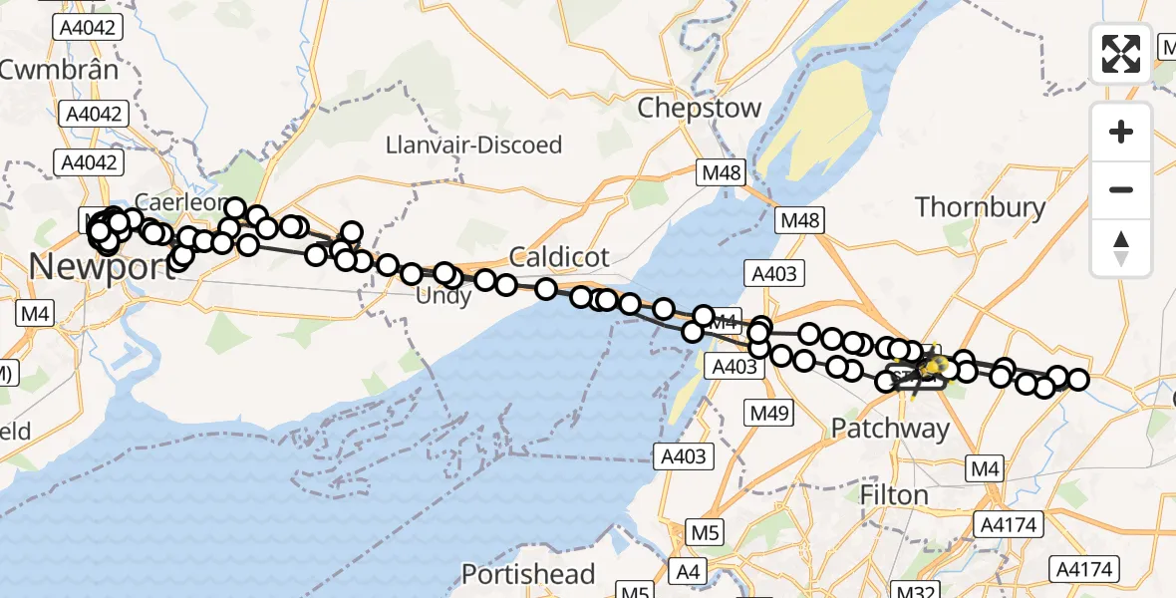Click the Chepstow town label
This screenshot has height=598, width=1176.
pyautogui.click(x=699, y=108)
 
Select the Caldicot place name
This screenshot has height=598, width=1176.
pyautogui.click(x=558, y=257)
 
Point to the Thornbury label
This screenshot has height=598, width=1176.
pyautogui.click(x=980, y=207)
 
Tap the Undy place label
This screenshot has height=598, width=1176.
pyautogui.click(x=443, y=295)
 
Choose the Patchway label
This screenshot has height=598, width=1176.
pyautogui.click(x=890, y=429)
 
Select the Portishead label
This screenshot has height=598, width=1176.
pyautogui.click(x=528, y=575)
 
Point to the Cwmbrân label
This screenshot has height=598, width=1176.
pyautogui.click(x=60, y=70)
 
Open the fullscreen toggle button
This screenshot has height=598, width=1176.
pyautogui.click(x=1121, y=53)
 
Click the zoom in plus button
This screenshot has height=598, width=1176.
pyautogui.click(x=1121, y=132)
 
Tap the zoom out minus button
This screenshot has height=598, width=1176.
pyautogui.click(x=1121, y=189)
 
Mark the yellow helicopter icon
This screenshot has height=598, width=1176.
pyautogui.click(x=931, y=370)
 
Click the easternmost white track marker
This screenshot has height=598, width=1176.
pyautogui.click(x=1077, y=379)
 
